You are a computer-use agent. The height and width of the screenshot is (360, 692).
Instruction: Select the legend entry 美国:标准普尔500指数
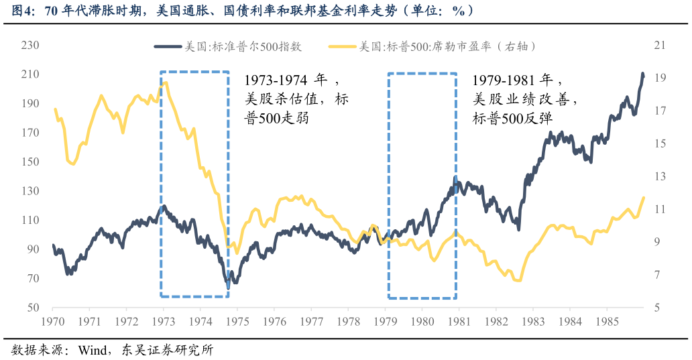[228, 46]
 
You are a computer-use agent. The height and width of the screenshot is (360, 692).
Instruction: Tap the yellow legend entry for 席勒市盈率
[436, 46]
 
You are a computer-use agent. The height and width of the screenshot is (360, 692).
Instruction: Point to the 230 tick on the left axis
[30, 46]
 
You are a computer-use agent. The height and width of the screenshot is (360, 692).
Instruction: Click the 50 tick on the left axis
[33, 308]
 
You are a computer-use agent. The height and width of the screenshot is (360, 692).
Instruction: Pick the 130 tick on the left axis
[30, 191]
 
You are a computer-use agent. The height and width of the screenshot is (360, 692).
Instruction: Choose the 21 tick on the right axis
[659, 46]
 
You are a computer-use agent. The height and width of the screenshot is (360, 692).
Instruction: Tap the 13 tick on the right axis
[659, 176]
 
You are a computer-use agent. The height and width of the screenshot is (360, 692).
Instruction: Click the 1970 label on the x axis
[52, 321]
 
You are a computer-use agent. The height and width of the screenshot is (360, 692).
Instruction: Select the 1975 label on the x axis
[237, 321]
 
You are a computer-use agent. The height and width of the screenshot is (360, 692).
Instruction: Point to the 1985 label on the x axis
[606, 321]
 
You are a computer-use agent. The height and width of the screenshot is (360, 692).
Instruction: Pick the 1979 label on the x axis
[385, 321]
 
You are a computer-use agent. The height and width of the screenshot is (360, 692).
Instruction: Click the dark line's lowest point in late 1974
[228, 288]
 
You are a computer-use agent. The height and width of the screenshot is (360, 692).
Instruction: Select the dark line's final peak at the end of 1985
[642, 74]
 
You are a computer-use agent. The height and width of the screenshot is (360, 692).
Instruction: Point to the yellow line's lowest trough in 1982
[517, 280]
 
